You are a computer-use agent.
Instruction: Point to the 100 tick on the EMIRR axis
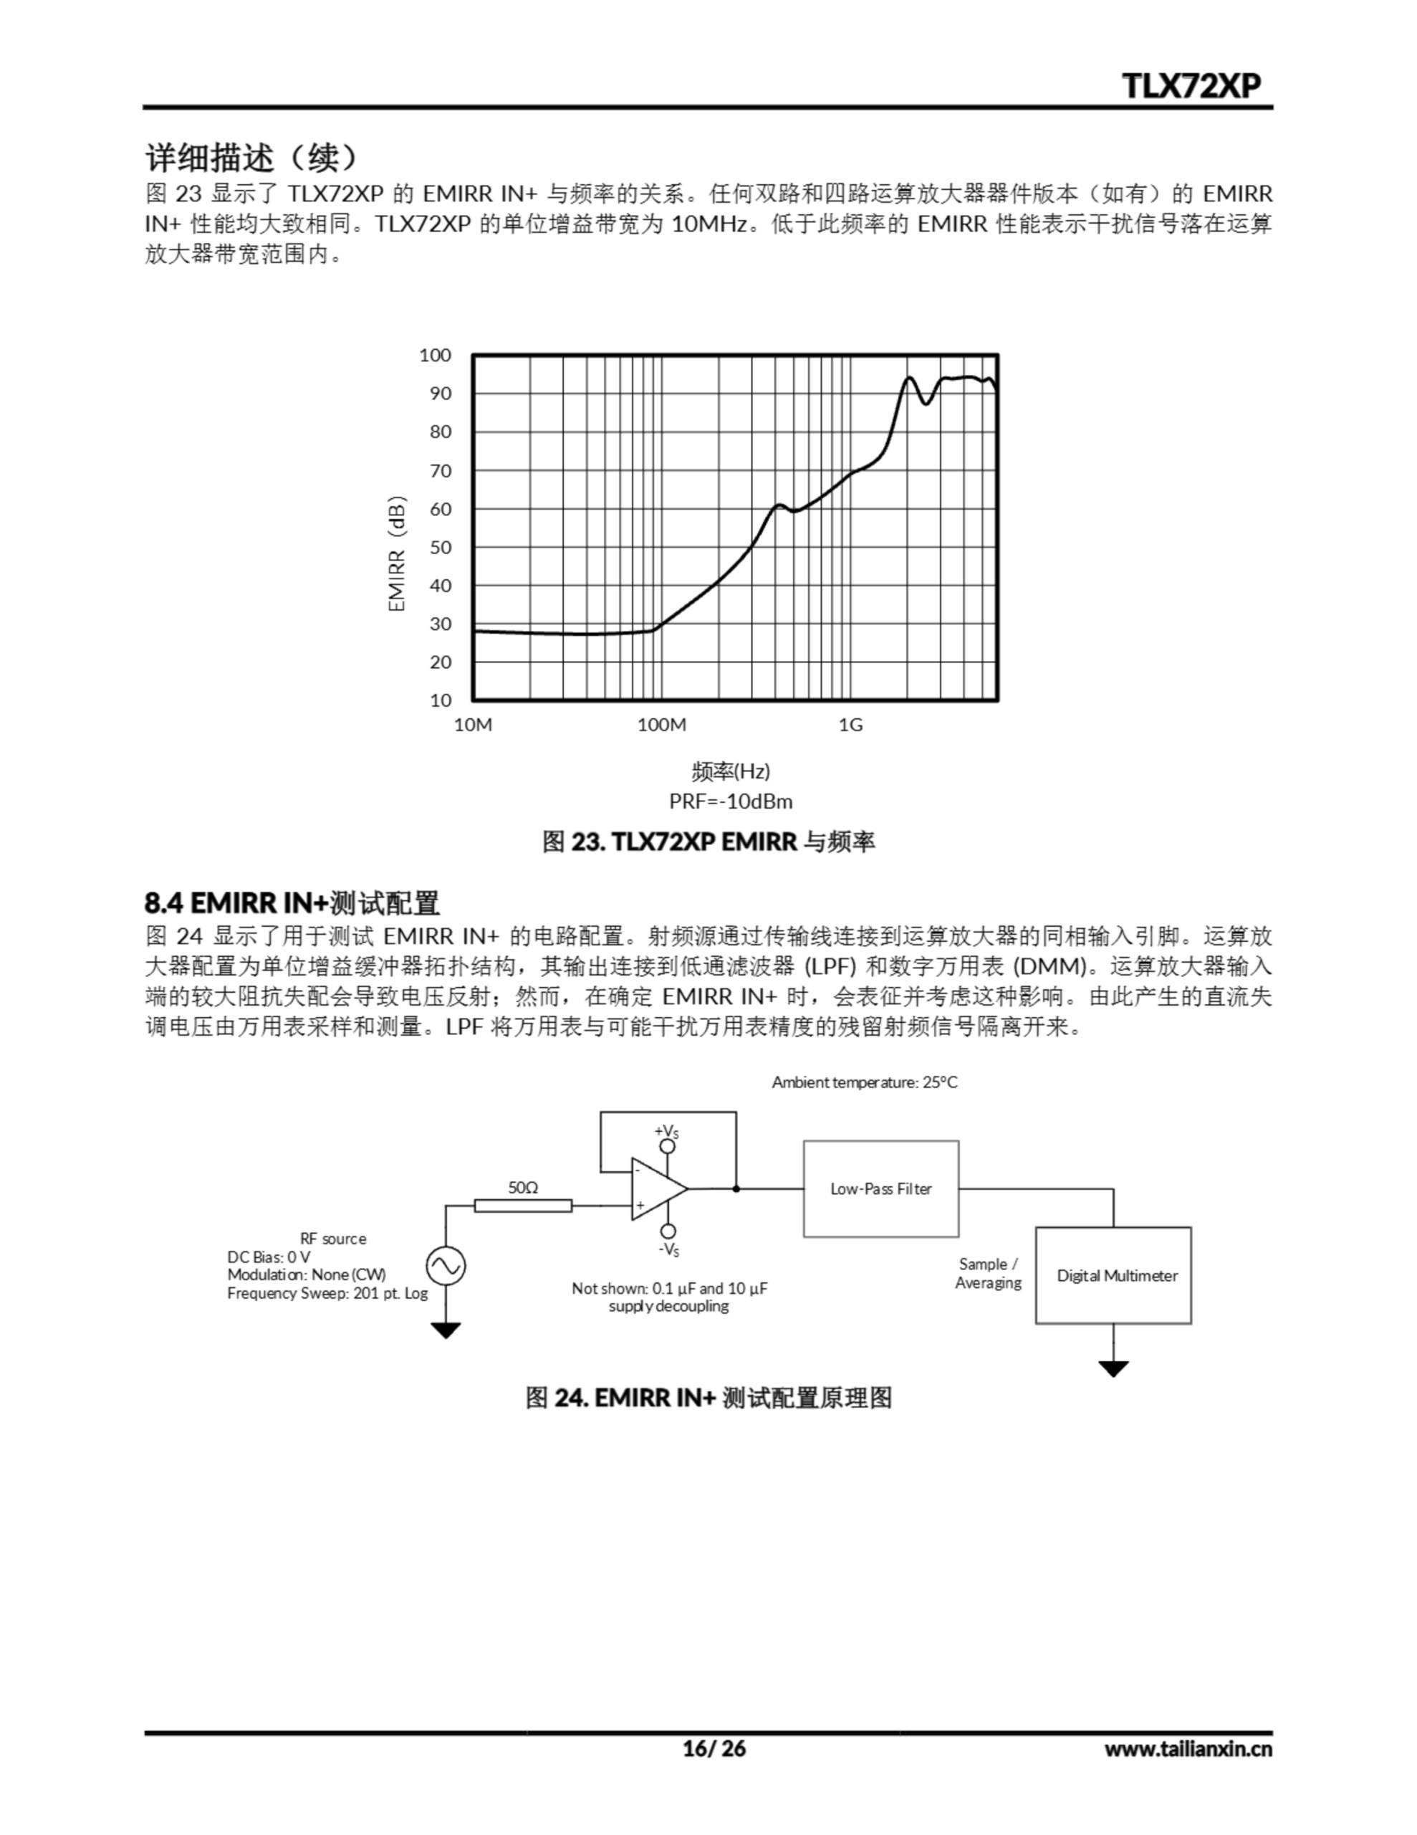coord(435,356)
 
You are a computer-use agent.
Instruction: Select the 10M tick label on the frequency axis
coord(473,724)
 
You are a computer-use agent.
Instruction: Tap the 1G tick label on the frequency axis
coord(850,724)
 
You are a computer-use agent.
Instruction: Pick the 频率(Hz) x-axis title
coord(731,771)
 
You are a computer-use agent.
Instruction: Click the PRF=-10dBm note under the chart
coord(731,801)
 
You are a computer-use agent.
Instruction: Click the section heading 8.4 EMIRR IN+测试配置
coord(292,903)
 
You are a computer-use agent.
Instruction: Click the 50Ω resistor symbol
coord(522,1206)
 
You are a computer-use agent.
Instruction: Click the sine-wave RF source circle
coord(445,1266)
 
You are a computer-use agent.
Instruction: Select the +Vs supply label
coord(667,1131)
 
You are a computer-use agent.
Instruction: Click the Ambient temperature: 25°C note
coord(864,1082)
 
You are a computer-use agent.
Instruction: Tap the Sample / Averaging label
coord(988,1274)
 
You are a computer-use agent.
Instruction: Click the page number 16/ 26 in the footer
coord(713,1748)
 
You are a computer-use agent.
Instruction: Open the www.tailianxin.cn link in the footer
coord(1188,1748)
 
